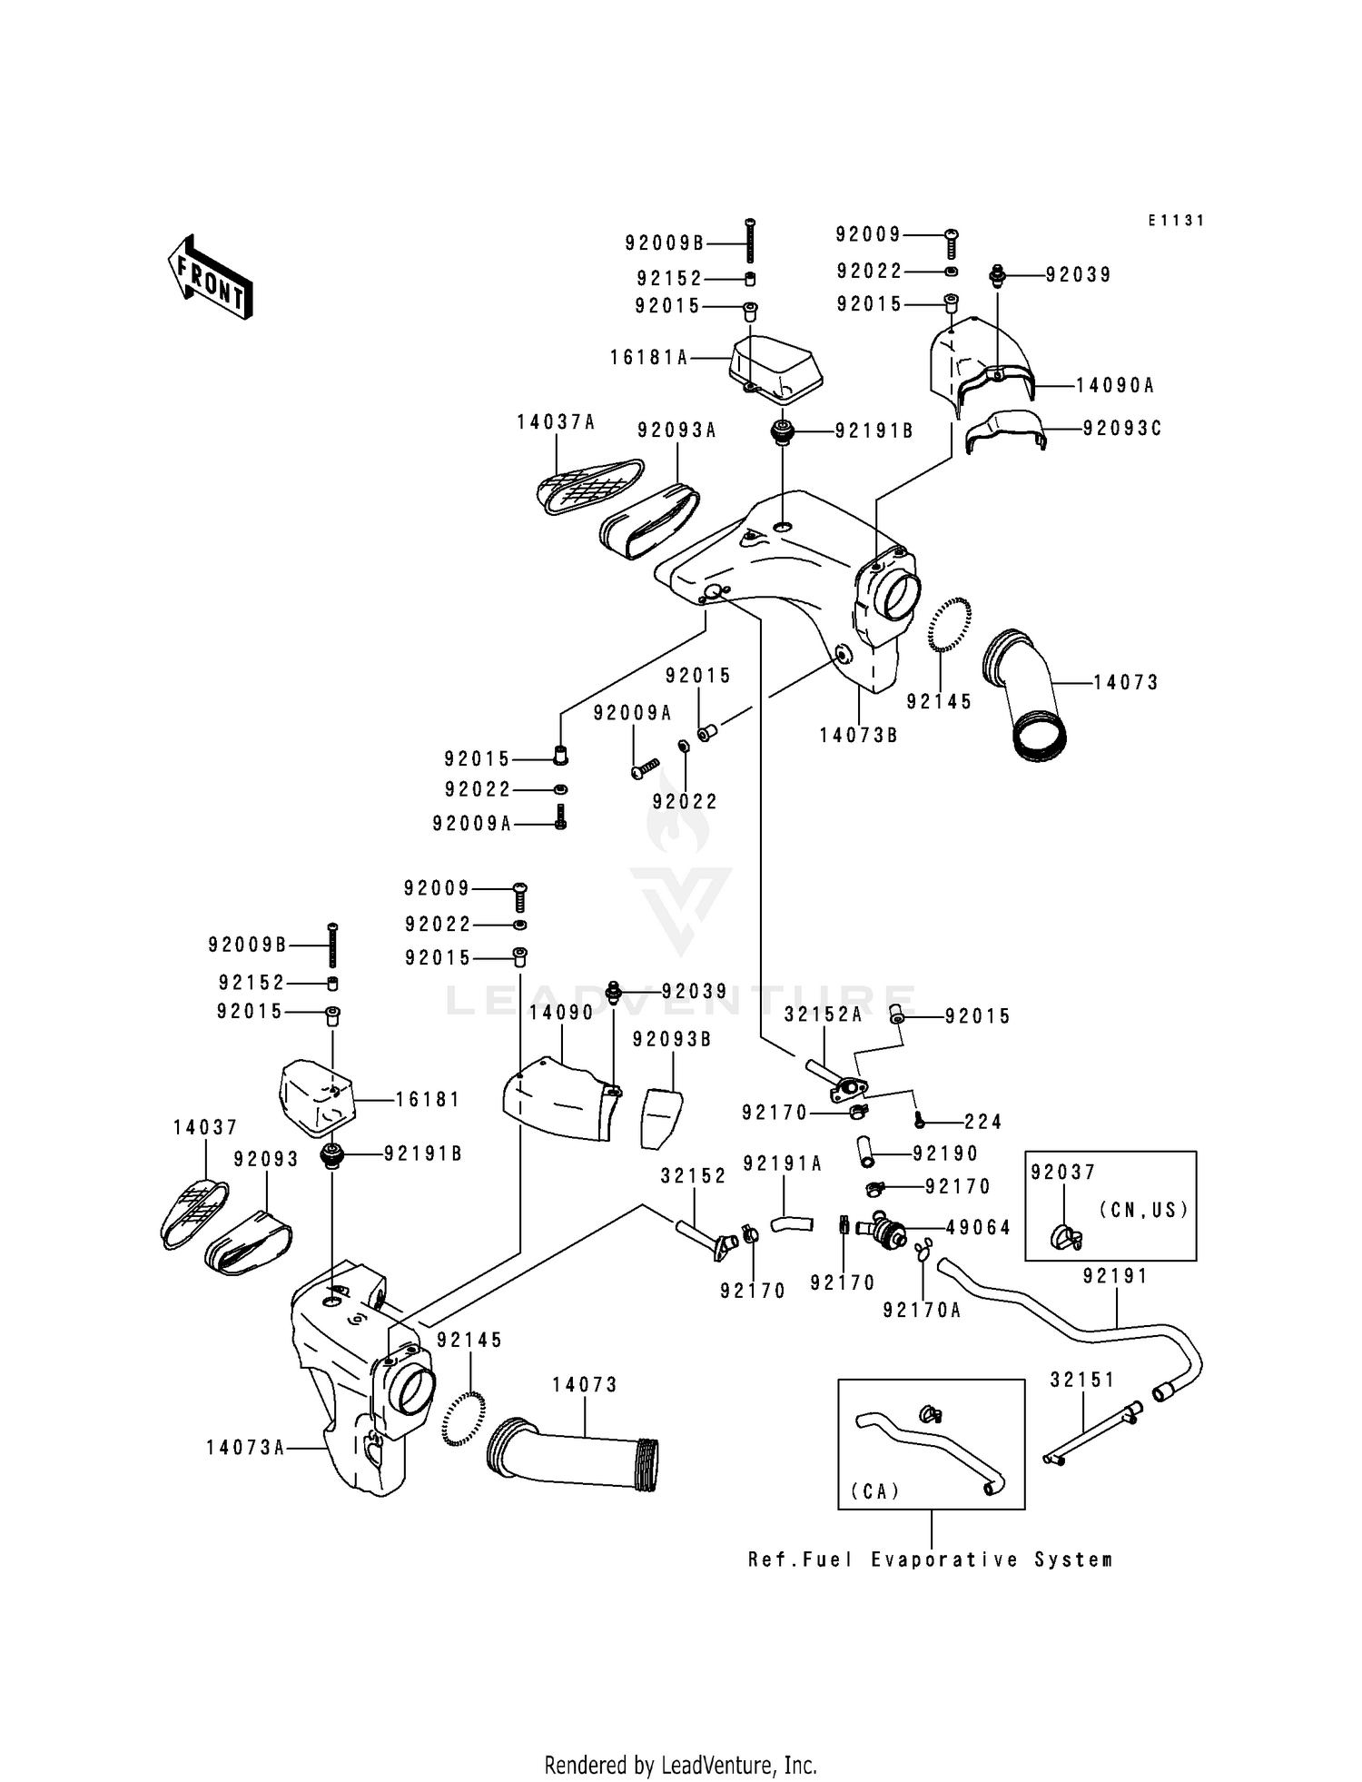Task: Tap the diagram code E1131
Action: pyautogui.click(x=1176, y=221)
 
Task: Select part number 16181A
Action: pyautogui.click(x=649, y=358)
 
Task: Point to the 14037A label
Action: pyautogui.click(x=556, y=421)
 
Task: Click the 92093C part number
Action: pyautogui.click(x=1122, y=428)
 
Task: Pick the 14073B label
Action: pyautogui.click(x=858, y=735)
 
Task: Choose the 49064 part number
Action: pyautogui.click(x=978, y=1227)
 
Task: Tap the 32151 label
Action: pyautogui.click(x=1082, y=1380)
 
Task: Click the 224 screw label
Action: pyautogui.click(x=983, y=1122)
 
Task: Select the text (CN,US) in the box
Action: pyautogui.click(x=1143, y=1210)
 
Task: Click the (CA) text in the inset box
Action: pyautogui.click(x=875, y=1490)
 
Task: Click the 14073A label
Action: pyautogui.click(x=245, y=1447)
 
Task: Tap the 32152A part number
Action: pyautogui.click(x=824, y=1015)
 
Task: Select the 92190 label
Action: pyautogui.click(x=945, y=1153)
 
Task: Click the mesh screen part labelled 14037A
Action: pyautogui.click(x=588, y=483)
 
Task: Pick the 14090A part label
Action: pyautogui.click(x=1115, y=385)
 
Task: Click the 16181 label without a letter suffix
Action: pyautogui.click(x=428, y=1099)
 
